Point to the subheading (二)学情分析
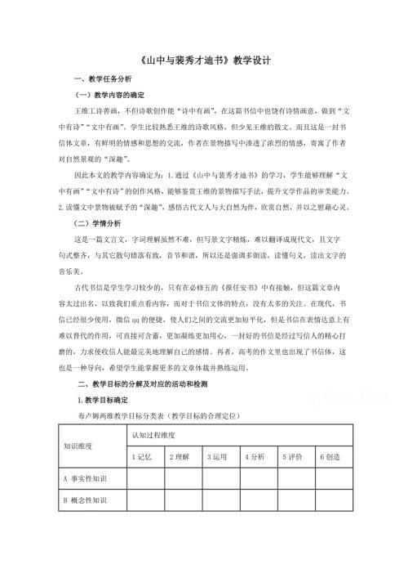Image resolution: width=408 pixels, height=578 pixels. coord(97,222)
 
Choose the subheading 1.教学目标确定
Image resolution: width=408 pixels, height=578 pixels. coord(104,400)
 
